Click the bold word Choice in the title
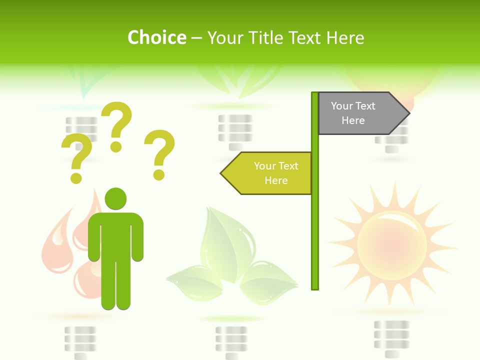pyautogui.click(x=156, y=37)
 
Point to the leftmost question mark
pyautogui.click(x=76, y=158)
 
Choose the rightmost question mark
pyautogui.click(x=159, y=154)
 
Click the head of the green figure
pyautogui.click(x=115, y=199)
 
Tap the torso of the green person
pyautogui.click(x=115, y=235)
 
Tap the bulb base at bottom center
pyautogui.click(x=231, y=340)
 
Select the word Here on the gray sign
pyautogui.click(x=353, y=120)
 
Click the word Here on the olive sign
pyautogui.click(x=276, y=180)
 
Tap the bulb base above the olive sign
pyautogui.click(x=234, y=131)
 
